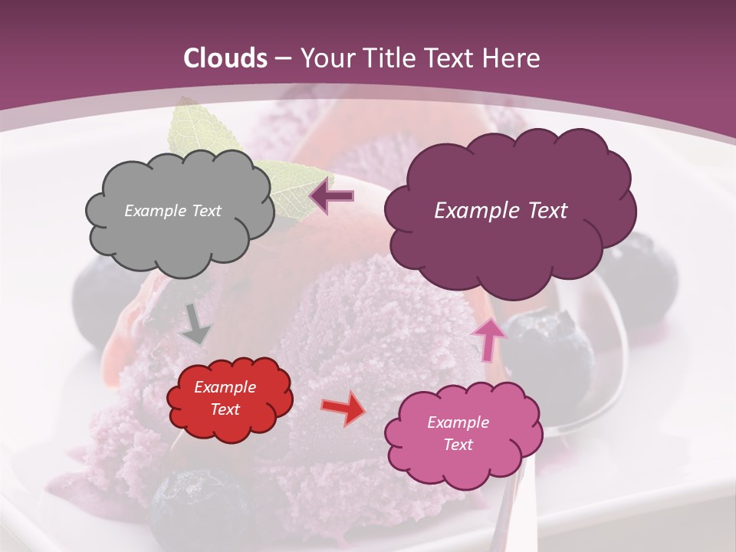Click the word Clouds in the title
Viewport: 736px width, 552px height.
225,58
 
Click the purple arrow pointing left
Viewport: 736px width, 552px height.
333,195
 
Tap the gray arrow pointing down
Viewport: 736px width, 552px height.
195,326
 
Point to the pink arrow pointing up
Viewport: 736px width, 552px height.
488,338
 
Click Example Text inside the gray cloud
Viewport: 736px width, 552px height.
172,210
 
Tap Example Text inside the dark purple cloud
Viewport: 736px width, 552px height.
501,210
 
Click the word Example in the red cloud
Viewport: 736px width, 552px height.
225,387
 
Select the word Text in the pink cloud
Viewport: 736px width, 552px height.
458,445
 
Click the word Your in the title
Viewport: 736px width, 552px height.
323,58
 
